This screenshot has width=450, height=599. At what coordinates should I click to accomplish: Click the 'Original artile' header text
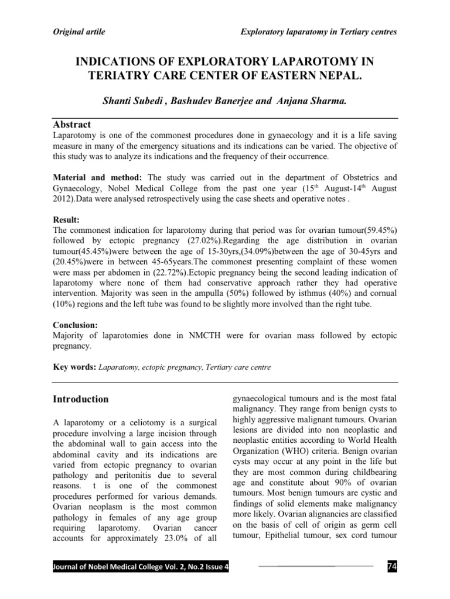coord(79,32)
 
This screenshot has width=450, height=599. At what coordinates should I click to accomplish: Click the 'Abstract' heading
coord(72,125)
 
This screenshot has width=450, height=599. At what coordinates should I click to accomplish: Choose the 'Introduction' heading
coord(81,400)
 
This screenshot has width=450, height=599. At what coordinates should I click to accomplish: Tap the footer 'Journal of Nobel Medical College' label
coord(108,567)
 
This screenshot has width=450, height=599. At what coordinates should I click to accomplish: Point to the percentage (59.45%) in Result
coord(377,230)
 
